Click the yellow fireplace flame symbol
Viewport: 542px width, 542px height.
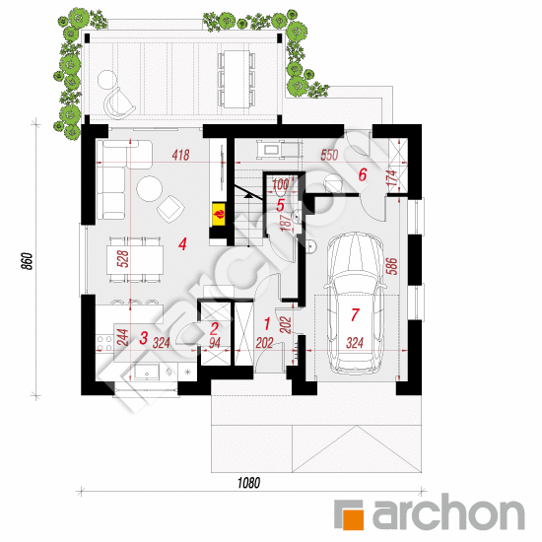pos(219,214)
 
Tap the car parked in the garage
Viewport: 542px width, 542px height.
pos(355,304)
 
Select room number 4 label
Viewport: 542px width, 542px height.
pos(182,243)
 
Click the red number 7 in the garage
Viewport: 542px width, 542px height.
pos(355,314)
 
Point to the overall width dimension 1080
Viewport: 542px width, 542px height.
pos(249,483)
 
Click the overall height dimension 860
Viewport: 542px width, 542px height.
pos(28,261)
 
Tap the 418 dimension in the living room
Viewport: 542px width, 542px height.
pos(180,155)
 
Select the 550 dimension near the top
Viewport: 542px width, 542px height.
pos(329,155)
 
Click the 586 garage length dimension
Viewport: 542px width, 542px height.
pos(392,266)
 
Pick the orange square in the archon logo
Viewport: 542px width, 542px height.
pos(352,518)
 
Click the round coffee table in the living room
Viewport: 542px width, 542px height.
pos(150,189)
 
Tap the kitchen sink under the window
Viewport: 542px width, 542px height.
pos(147,373)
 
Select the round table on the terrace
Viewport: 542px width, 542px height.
pos(107,80)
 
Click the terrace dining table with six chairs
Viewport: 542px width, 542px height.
pos(237,79)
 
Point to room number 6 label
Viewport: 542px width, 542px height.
pos(362,174)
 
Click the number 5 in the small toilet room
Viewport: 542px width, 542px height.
pos(280,205)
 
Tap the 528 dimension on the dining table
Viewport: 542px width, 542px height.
pos(123,259)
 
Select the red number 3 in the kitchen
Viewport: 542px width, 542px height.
pos(144,338)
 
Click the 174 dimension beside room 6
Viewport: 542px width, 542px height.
pos(392,178)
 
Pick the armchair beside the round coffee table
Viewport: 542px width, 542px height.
pos(170,209)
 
